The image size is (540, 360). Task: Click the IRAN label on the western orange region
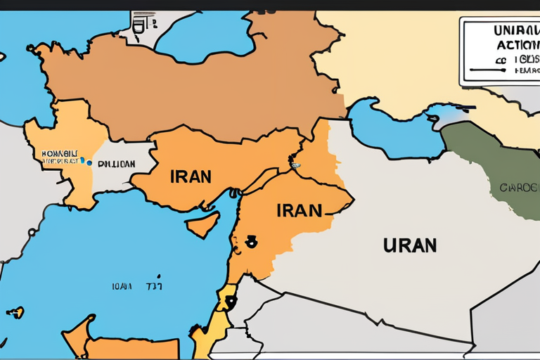pos(191,175)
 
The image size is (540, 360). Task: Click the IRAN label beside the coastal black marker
pos(300,210)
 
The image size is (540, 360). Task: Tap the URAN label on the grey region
pos(410,245)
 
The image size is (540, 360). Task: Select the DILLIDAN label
pos(117,164)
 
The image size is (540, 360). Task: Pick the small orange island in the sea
pos(202,225)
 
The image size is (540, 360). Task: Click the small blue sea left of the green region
pos(394,130)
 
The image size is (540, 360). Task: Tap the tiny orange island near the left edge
pos(15,311)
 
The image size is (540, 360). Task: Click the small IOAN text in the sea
pos(121,286)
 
